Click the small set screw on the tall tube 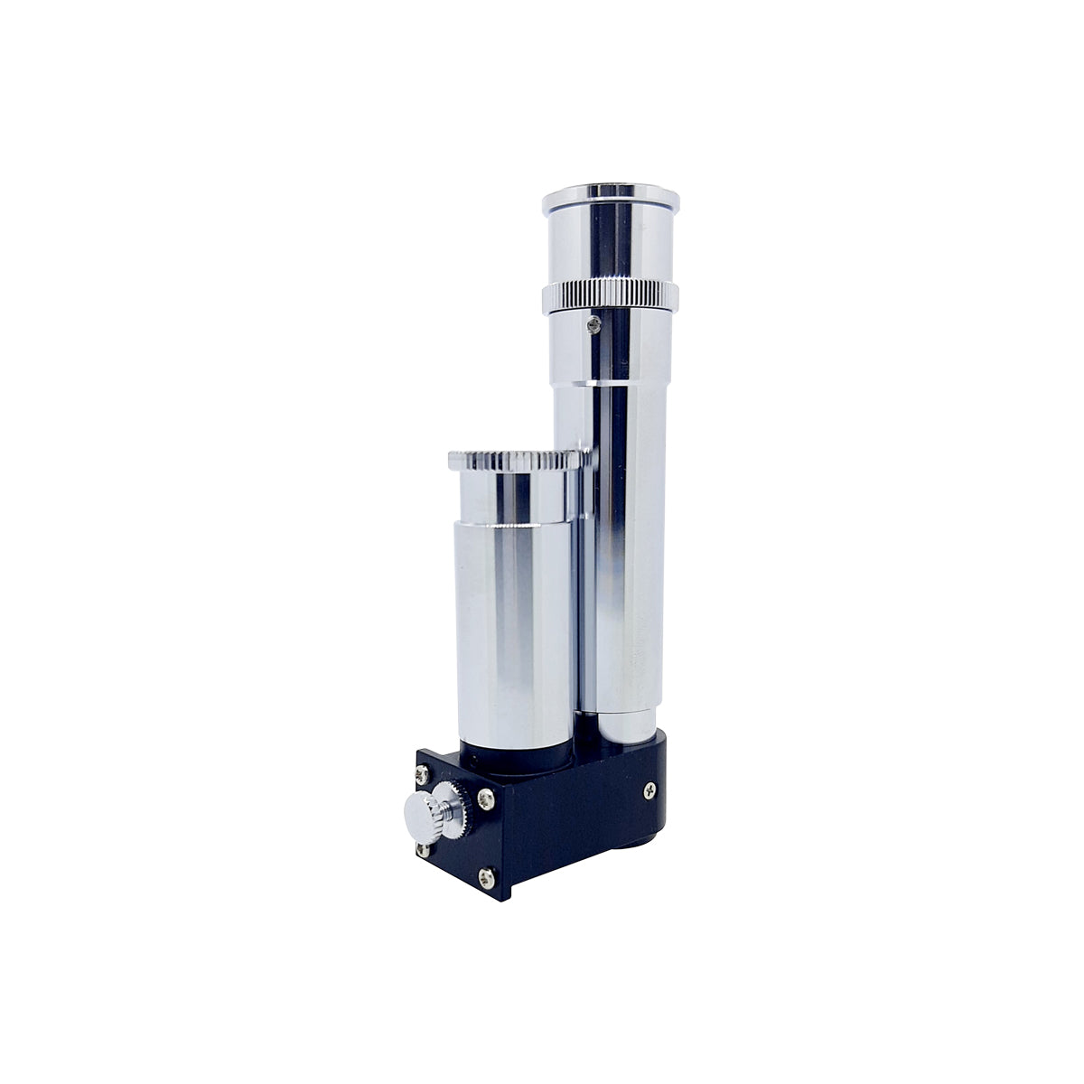point(592,324)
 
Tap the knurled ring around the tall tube point(611,295)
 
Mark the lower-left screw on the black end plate point(422,848)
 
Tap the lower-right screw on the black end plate point(488,874)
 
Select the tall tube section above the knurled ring point(611,239)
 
